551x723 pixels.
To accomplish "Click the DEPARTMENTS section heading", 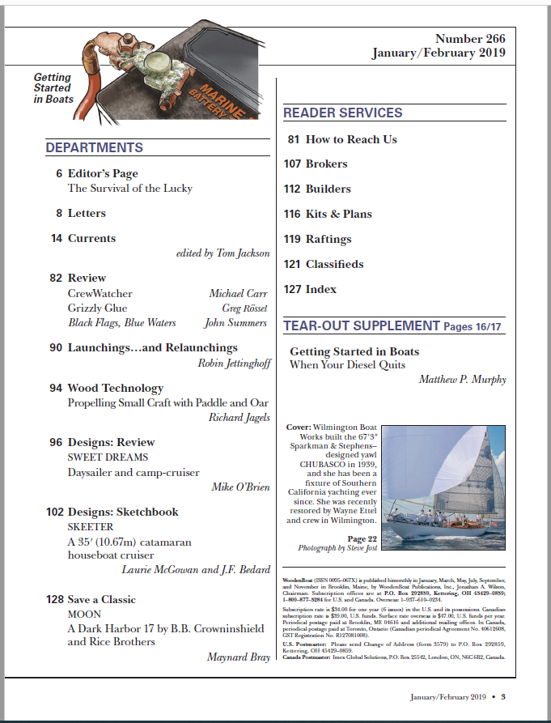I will (x=95, y=148).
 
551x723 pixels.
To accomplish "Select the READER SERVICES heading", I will (x=342, y=113).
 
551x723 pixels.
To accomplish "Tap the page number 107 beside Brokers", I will (x=292, y=164).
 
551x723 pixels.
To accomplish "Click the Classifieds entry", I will (x=334, y=264).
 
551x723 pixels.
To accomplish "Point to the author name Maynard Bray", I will (x=239, y=657).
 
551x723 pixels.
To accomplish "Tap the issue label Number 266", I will (x=470, y=39).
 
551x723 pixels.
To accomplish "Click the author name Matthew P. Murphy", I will (x=462, y=380).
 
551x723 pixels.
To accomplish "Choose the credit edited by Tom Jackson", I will (x=223, y=253).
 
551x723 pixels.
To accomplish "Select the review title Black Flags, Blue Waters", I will (x=121, y=323).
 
